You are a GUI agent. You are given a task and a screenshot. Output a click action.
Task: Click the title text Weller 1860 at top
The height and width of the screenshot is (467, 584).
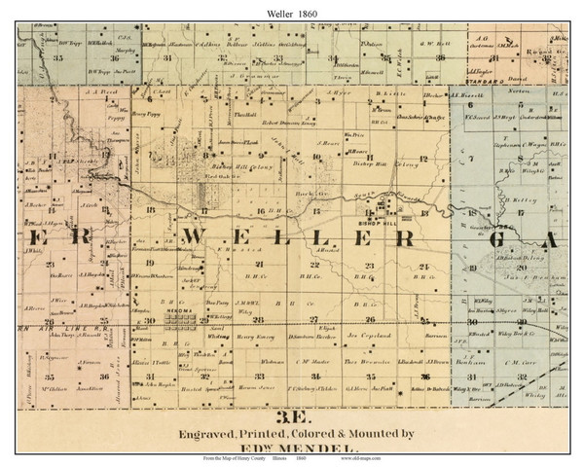(x=291, y=10)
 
